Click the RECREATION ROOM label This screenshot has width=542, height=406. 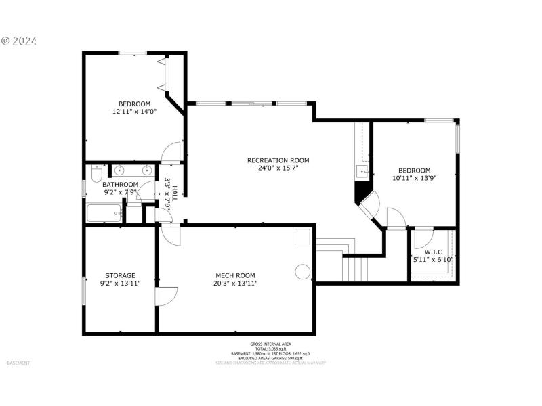pos(278,160)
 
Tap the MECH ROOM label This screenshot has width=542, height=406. pos(235,275)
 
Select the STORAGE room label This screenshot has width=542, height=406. pos(120,275)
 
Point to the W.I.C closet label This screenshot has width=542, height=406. pos(432,251)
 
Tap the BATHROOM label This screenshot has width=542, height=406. pos(120,184)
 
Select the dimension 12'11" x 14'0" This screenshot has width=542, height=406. pos(134,112)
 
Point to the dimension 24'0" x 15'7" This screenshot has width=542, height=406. pos(278,168)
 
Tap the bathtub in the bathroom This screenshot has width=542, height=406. pos(104,214)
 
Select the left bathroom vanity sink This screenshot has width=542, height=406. pos(120,169)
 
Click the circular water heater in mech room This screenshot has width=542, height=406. pos(302,271)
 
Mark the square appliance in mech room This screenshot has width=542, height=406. pos(302,236)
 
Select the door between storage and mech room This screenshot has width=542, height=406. pos(166,296)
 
